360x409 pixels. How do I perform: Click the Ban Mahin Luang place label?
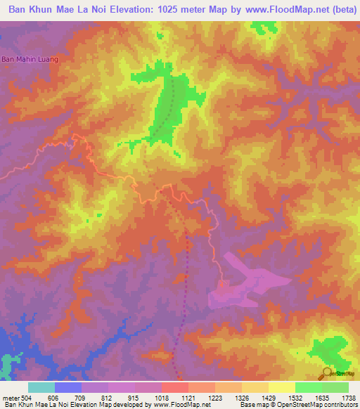[x=29, y=59]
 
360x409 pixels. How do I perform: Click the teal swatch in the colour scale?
[x=41, y=387]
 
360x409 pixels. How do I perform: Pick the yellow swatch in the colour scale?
[x=281, y=387]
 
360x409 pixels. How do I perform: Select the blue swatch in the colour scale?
[x=67, y=387]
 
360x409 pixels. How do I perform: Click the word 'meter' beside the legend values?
[x=8, y=397]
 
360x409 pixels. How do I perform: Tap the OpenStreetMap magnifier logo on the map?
[x=327, y=372]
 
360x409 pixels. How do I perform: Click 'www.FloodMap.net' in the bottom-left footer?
[x=180, y=405]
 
